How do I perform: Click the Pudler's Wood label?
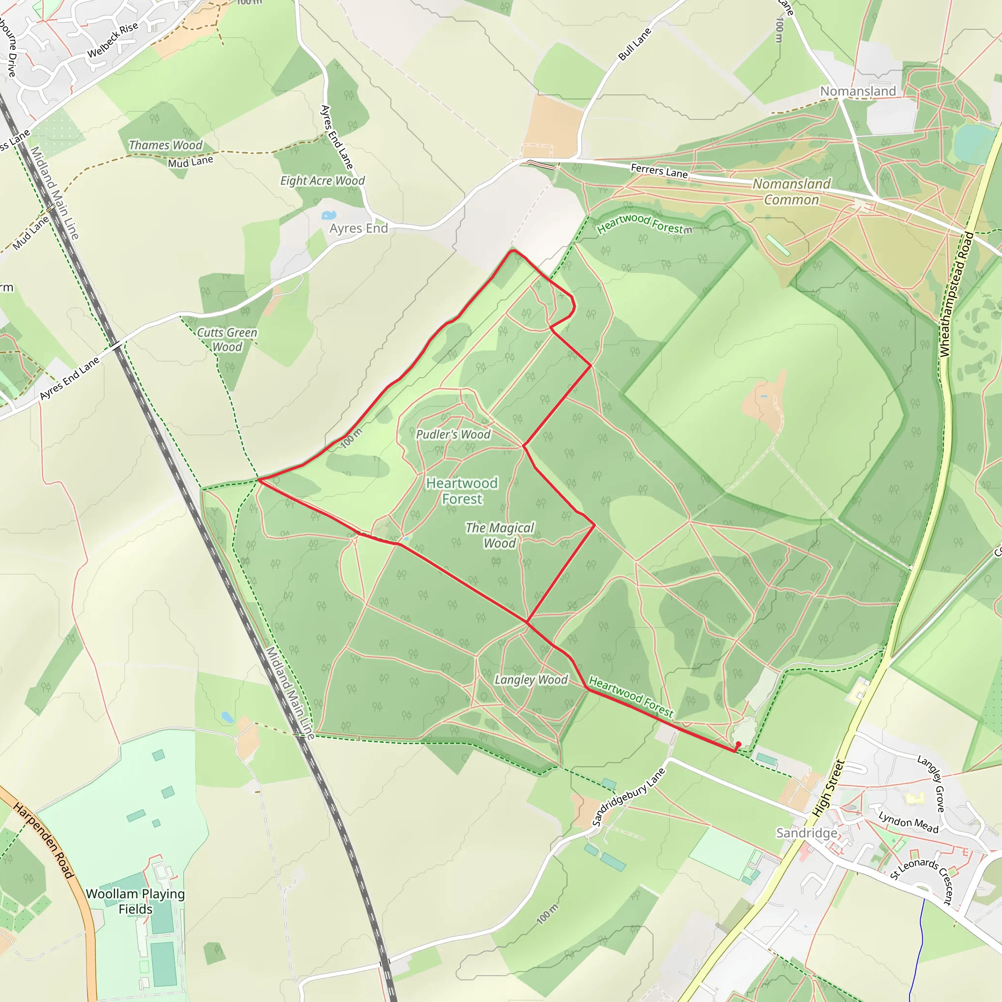coord(453,434)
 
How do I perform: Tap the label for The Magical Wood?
coord(500,535)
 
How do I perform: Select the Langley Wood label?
coord(530,680)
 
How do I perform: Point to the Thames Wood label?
coord(165,145)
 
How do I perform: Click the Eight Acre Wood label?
coord(322,181)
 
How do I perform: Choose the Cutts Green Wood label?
coord(227,340)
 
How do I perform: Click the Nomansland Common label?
coord(792,191)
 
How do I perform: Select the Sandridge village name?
coord(806,833)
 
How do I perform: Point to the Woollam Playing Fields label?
coord(136,901)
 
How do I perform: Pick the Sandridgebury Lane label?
coord(628,797)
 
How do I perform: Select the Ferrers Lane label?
coord(659,171)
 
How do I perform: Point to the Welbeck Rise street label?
coord(113,41)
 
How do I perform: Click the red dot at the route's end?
coord(738,744)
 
